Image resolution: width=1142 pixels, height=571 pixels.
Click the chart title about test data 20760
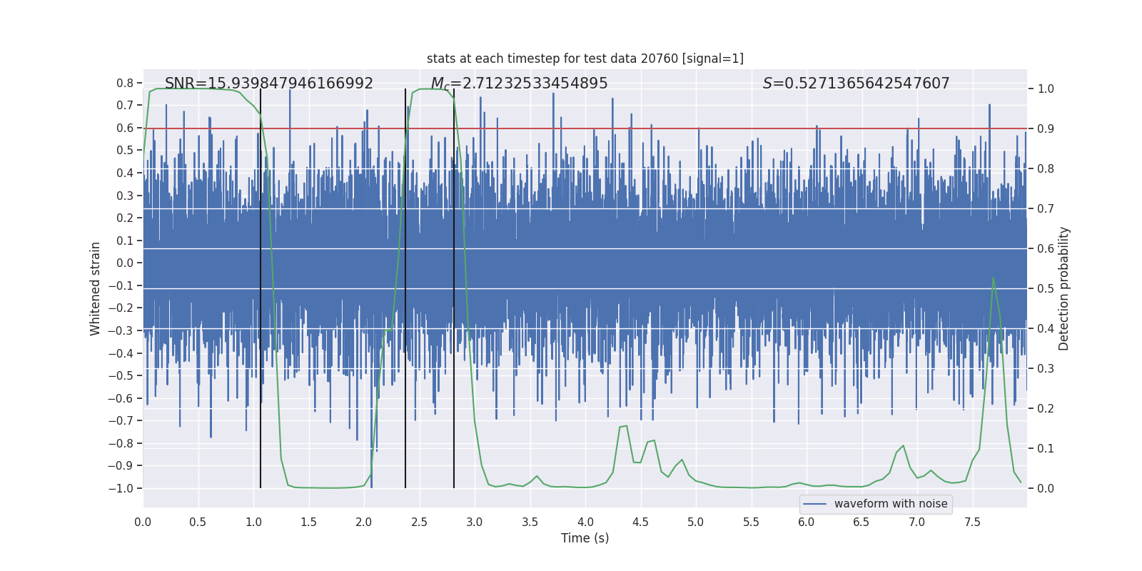pos(585,59)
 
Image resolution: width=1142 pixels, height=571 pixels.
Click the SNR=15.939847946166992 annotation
pos(269,84)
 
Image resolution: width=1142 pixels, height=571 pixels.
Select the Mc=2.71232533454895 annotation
pos(519,84)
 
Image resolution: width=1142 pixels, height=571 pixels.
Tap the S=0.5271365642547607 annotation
pos(856,84)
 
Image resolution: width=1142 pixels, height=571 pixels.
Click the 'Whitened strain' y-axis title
pos(96,288)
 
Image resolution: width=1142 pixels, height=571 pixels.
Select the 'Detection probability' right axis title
pos(1064,288)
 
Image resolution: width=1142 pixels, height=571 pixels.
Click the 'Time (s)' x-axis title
pos(585,538)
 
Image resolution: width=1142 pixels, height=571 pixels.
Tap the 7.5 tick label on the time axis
pos(972,522)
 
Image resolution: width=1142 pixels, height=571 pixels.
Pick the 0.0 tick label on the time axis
pos(143,522)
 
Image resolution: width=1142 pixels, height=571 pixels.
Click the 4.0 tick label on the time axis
pos(585,522)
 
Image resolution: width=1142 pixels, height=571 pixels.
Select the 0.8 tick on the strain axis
pos(125,83)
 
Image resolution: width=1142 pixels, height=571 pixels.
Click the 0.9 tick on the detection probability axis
pos(1046,128)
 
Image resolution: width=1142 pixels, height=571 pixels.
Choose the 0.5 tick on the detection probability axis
pos(1046,288)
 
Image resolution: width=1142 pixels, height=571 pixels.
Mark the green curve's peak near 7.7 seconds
pos(993,278)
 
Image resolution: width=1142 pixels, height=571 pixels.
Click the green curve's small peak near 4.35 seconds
pos(626,426)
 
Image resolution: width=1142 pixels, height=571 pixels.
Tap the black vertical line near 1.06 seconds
pos(261,285)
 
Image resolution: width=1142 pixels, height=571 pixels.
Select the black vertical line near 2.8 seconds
pos(454,285)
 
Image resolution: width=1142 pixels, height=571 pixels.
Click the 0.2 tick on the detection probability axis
pos(1046,408)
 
